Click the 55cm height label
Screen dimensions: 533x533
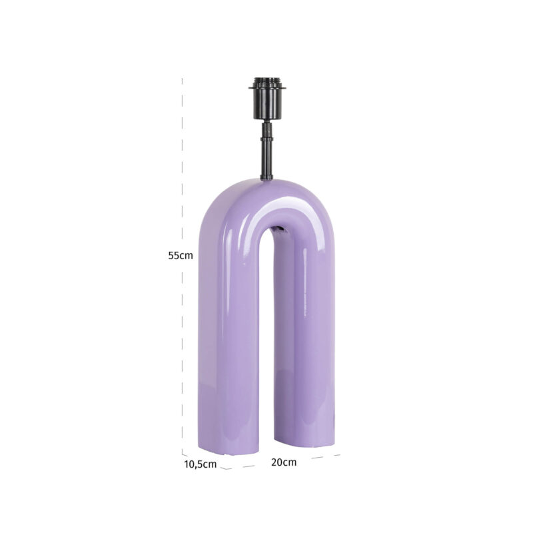181,255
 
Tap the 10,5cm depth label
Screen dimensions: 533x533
200,464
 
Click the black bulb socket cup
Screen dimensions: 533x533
267,103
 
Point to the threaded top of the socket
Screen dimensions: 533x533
267,81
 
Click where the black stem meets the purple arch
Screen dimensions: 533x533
266,178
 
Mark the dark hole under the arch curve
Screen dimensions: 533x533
280,230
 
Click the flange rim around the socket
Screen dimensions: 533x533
267,87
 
